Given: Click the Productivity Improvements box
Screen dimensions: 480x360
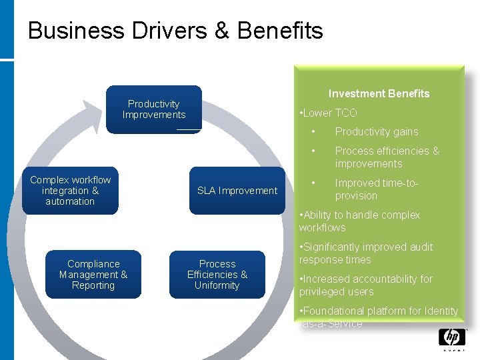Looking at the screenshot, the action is pos(154,109).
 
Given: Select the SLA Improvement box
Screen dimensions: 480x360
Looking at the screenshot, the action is pos(237,191).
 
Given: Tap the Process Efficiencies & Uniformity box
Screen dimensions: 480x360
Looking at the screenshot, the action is pos(217,275).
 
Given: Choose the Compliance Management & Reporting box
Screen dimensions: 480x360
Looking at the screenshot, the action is pos(93,275).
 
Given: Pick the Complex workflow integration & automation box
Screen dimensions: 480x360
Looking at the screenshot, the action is pos(70,191).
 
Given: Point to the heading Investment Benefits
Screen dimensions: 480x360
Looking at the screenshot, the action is pos(379,94).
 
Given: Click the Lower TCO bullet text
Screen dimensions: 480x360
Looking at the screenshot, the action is pos(330,113).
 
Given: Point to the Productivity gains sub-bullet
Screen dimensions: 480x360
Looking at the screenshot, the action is pos(377,132).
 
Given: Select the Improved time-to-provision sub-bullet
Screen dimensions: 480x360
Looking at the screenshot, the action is pos(377,189).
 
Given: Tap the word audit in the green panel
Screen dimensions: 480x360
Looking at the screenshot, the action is pos(418,247).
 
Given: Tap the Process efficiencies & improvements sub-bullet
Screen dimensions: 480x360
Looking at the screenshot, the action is pos(387,157).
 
